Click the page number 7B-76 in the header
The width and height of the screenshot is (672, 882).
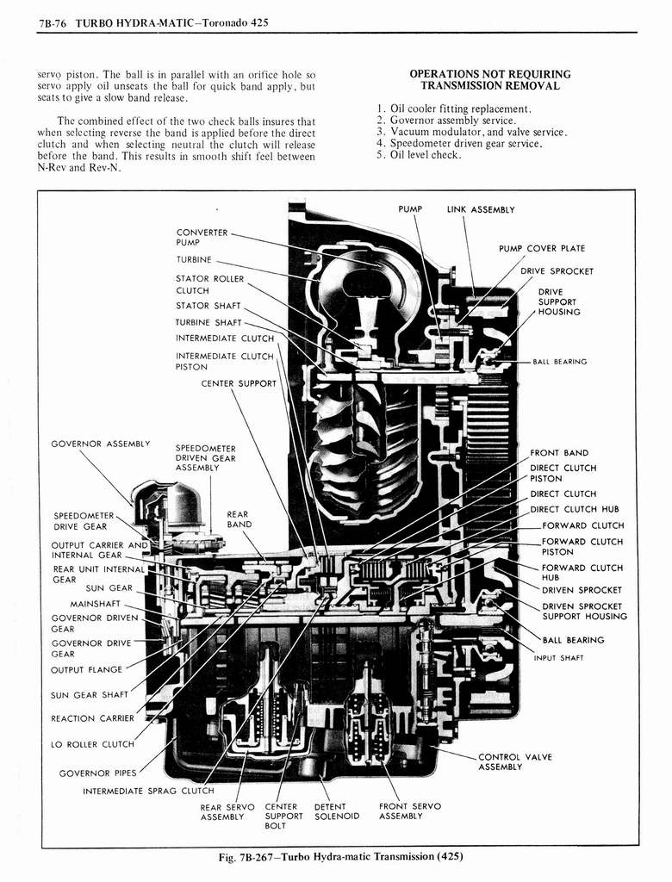53,22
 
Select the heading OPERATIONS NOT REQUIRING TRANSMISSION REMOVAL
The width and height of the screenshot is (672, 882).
489,80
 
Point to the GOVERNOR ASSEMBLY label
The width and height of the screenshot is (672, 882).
101,444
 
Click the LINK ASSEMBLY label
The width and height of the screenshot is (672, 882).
480,209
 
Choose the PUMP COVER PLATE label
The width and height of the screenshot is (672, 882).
541,249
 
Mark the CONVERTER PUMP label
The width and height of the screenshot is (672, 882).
202,238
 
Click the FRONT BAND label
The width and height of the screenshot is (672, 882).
559,452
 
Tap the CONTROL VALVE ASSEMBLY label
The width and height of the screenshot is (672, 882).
514,761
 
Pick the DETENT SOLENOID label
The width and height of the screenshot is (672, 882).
336,811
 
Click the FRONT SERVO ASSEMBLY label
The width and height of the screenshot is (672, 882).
409,811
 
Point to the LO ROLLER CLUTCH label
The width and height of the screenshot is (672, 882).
92,744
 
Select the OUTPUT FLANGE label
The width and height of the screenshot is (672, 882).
88,670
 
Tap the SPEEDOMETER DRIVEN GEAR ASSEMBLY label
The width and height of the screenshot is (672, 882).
205,458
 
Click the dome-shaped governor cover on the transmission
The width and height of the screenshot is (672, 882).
183,503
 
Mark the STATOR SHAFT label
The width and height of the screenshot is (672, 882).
208,305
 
